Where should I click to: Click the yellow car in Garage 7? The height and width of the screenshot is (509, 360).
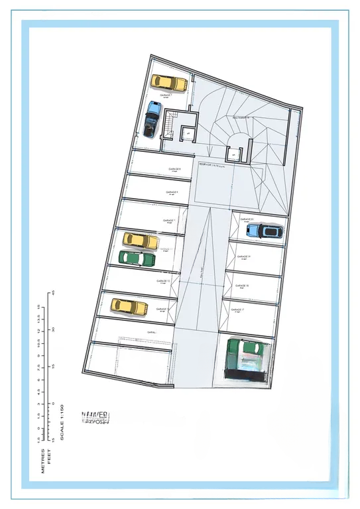click(169, 83)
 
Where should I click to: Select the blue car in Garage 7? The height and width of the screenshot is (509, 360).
click(152, 119)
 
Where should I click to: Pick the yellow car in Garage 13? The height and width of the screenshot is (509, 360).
click(129, 306)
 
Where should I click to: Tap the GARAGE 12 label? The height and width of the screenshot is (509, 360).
click(164, 281)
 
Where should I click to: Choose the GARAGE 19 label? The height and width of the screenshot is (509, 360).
click(243, 256)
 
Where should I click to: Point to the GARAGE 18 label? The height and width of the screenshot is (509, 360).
click(241, 286)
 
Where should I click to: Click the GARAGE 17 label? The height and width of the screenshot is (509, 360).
click(239, 310)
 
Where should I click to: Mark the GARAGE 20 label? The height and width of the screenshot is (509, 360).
click(247, 219)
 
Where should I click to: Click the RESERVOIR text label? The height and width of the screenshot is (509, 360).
click(213, 162)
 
